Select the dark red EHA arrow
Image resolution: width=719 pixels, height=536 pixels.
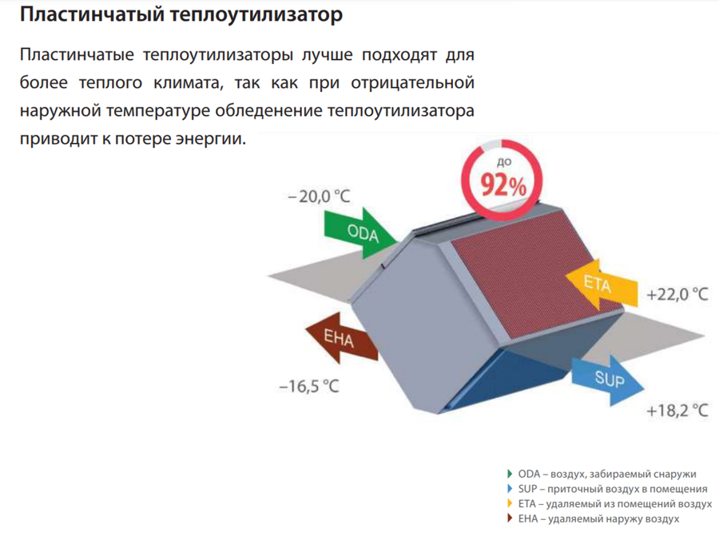(342, 339)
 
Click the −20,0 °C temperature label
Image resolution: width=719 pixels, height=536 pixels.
(319, 197)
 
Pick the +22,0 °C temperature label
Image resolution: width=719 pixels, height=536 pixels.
(677, 294)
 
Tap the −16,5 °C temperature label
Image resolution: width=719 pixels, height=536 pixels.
(309, 387)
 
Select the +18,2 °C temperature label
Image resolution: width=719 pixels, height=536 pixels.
(677, 411)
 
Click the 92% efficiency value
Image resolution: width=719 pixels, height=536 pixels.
(503, 185)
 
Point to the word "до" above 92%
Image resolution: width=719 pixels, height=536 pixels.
(504, 161)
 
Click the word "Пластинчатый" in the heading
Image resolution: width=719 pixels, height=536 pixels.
(92, 14)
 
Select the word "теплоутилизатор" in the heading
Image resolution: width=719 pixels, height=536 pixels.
(256, 14)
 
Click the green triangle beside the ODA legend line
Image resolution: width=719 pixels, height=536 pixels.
(510, 474)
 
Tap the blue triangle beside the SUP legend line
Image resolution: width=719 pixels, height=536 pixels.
(510, 489)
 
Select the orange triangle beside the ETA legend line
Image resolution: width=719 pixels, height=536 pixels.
(510, 503)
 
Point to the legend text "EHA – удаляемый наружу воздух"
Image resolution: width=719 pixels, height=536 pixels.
(598, 519)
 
